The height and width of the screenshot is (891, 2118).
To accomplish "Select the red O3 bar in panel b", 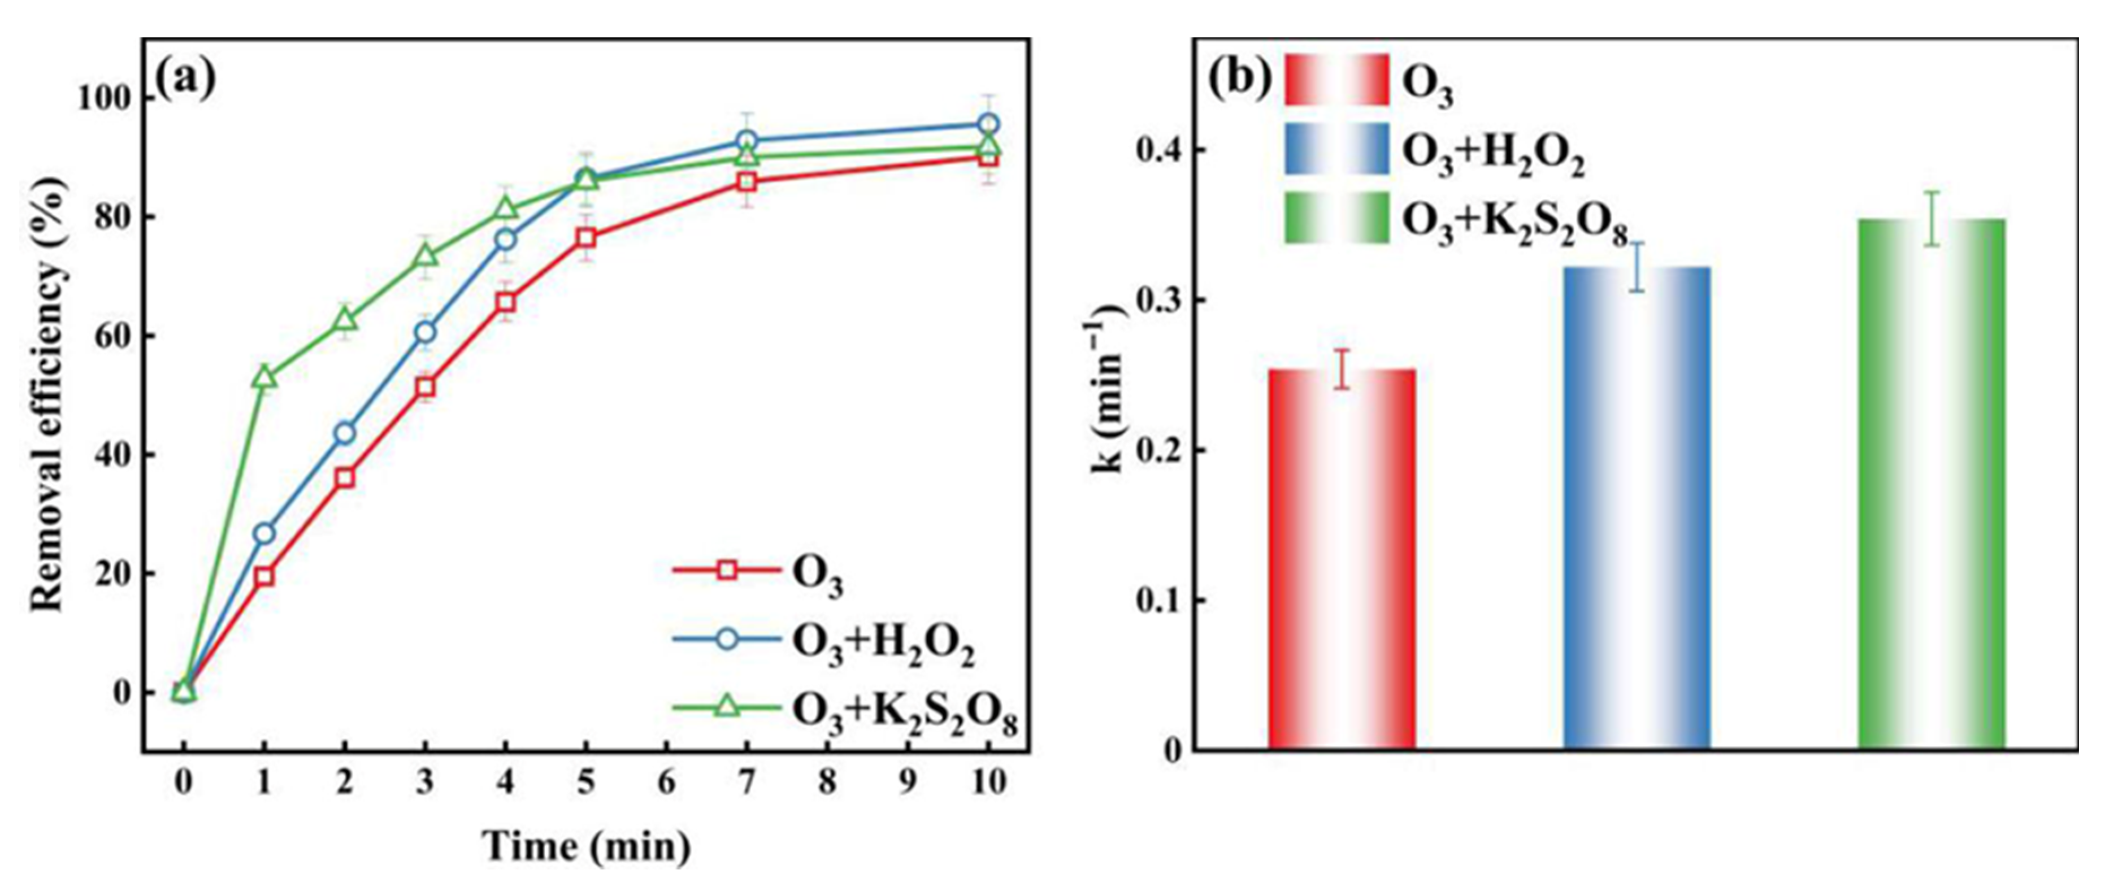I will [x=1342, y=559].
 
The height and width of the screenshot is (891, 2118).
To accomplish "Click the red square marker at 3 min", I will [x=425, y=386].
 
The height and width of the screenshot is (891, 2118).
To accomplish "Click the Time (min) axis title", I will [x=585, y=846].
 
